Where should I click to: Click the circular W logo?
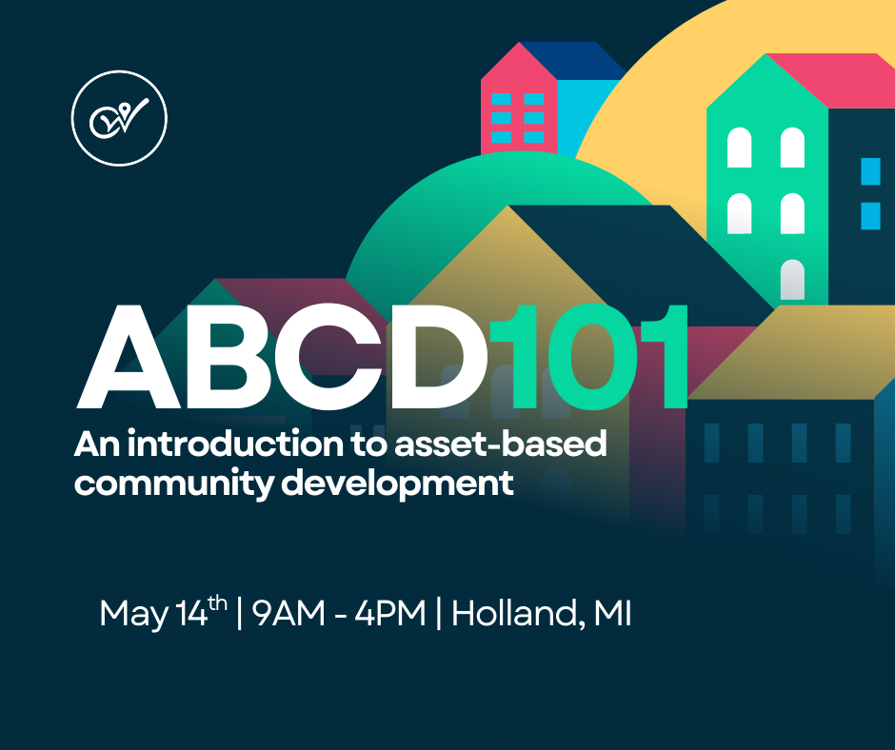tap(119, 118)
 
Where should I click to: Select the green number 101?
tap(587, 357)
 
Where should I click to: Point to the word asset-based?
tap(501, 444)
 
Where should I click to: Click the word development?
tap(398, 483)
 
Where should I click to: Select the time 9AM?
tap(288, 613)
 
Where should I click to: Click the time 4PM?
tap(390, 613)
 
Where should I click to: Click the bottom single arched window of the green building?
tap(792, 279)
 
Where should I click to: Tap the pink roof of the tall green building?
tap(827, 80)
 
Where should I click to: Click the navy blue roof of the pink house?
tap(573, 61)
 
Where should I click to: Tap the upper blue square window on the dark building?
tap(870, 171)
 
